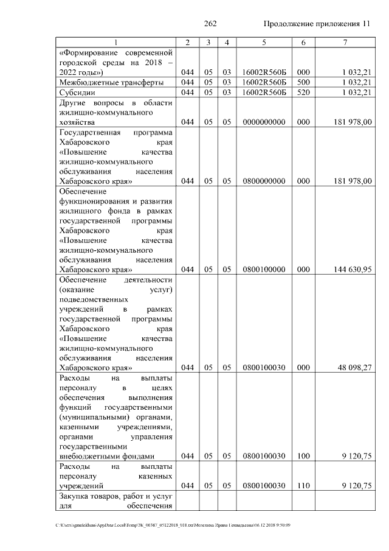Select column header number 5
264,42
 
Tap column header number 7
345,42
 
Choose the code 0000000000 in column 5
264,122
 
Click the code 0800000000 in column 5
264,181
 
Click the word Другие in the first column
75,103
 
